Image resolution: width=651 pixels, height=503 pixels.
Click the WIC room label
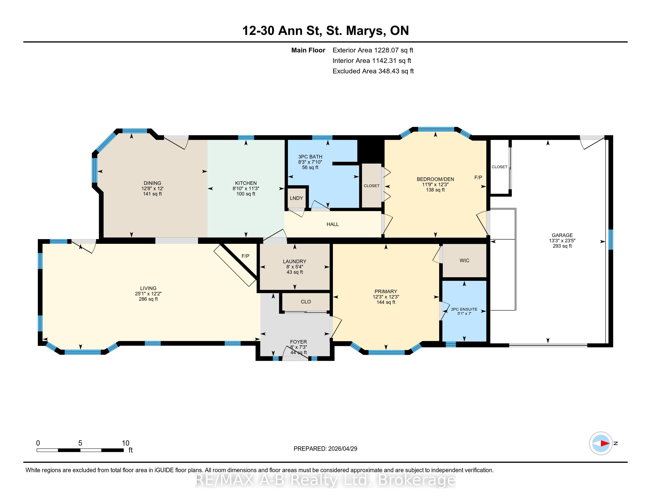464,260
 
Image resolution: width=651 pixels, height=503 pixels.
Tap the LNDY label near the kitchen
296,198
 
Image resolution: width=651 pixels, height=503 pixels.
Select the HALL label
333,224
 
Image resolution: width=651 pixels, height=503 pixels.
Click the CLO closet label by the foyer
306,302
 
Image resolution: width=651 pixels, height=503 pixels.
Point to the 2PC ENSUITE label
464,309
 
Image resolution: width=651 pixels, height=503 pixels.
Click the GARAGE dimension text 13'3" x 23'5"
562,241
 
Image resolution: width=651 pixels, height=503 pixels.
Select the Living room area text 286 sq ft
148,299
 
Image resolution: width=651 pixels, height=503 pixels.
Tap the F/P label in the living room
245,256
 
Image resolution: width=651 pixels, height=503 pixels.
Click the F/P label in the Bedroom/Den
478,178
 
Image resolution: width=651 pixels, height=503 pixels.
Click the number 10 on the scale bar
125,443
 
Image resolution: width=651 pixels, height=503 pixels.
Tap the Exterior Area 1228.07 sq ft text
373,50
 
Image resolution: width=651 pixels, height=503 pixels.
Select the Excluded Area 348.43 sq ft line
373,71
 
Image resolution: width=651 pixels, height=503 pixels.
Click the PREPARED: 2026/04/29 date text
325,449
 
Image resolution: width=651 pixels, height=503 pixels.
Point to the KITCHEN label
246,183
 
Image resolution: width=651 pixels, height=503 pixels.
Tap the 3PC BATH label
310,157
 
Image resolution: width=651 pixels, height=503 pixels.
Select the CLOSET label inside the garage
499,167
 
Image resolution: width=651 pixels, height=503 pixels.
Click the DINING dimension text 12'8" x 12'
152,188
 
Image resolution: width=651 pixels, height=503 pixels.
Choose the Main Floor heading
308,50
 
